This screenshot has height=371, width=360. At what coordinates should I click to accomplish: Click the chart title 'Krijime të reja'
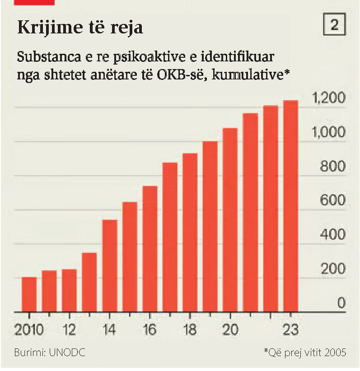pos(80,28)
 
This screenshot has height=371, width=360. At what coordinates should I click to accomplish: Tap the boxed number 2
pos(334,26)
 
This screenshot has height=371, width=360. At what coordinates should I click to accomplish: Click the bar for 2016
pos(150,249)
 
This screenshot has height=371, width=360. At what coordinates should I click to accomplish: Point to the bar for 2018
pos(190,232)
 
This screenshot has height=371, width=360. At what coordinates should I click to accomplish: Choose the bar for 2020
pos(230,220)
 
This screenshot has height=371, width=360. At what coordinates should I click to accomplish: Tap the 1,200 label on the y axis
pos(328,98)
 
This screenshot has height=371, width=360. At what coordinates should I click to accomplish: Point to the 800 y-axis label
pos(332,167)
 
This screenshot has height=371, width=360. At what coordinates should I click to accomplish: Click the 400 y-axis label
pos(332,235)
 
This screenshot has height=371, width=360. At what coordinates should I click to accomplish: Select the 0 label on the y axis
pos(341,303)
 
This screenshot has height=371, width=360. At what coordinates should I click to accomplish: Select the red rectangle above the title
pos(34,2)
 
